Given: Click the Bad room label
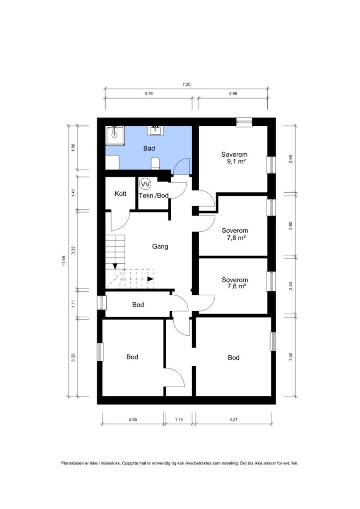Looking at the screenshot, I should pos(149,149).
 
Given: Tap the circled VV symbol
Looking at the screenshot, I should pos(145,184).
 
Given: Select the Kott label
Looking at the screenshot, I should pos(121,194).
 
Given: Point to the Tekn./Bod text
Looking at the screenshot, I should pos(154,196).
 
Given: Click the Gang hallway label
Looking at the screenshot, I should pos(160,246).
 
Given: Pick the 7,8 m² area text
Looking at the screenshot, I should pos(234,238).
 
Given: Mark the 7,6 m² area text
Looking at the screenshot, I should pos(234,287).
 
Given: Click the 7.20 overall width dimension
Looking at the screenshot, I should pos(186,84).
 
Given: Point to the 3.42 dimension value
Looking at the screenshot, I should pos(291,356).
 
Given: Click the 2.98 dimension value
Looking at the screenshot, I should pos(233,94).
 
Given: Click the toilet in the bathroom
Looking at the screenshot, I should pos(155,163).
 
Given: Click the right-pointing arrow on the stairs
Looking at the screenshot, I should pos(150,279).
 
